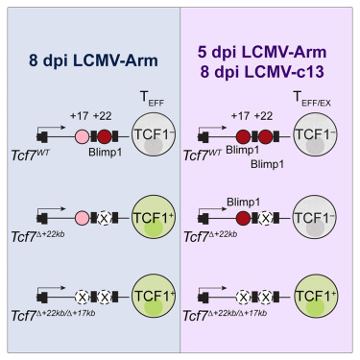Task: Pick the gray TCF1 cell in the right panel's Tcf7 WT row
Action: click(x=322, y=134)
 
